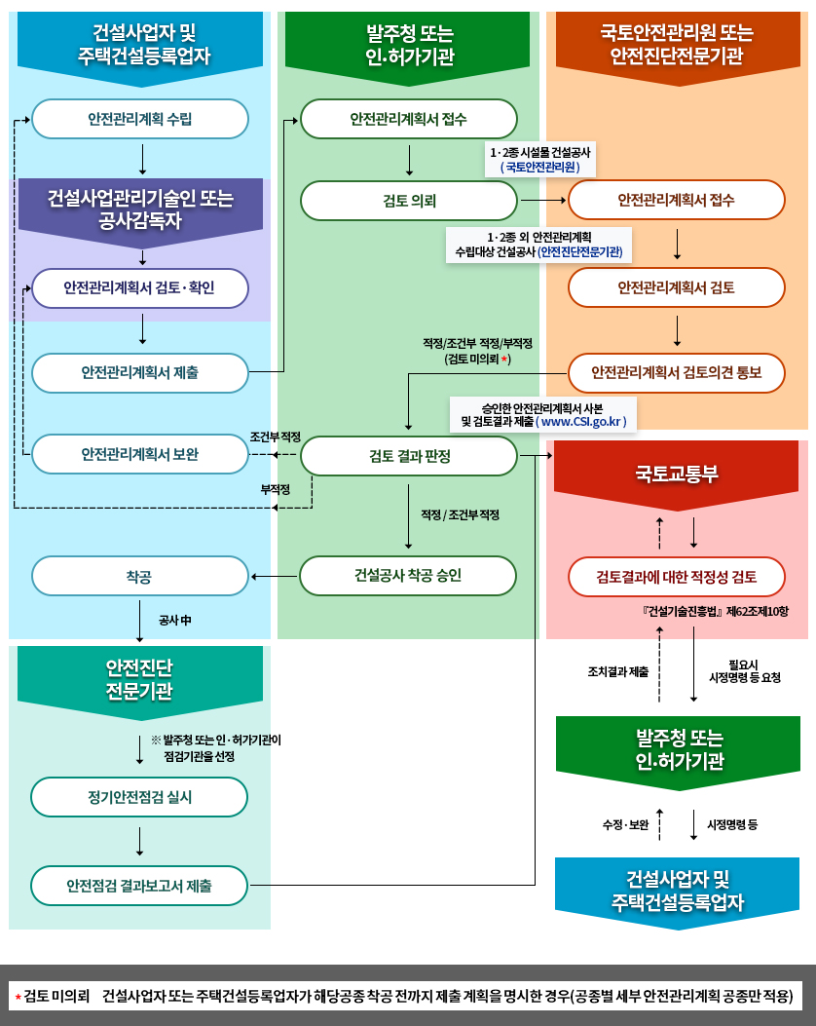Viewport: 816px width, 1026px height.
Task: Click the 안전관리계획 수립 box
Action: pos(140,120)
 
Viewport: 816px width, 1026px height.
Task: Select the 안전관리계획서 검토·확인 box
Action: pos(140,288)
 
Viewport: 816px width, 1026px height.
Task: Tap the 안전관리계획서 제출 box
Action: pos(140,372)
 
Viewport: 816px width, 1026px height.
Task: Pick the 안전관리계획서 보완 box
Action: pos(140,454)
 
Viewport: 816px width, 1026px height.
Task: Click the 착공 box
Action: pos(140,576)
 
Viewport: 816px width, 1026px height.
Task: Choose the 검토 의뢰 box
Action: pos(408,201)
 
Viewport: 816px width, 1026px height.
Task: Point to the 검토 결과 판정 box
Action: pos(408,456)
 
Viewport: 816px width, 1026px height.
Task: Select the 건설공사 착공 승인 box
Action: pos(408,576)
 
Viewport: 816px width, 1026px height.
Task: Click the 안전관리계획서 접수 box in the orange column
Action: pos(677,200)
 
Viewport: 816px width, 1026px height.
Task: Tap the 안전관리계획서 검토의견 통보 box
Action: pos(677,372)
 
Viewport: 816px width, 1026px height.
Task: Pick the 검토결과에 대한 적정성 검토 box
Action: pos(677,576)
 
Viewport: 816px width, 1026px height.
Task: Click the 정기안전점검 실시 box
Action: pos(139,797)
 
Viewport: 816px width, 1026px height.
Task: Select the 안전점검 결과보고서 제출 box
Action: pos(139,886)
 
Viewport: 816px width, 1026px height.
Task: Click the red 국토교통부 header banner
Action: pos(677,475)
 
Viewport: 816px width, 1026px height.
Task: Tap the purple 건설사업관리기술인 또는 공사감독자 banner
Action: pos(140,209)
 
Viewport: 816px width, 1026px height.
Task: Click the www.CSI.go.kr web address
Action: pos(582,422)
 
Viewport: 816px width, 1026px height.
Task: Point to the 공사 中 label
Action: pos(175,620)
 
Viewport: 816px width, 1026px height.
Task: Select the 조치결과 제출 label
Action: pos(618,671)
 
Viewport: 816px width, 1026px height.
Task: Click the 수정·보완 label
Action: pos(625,824)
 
